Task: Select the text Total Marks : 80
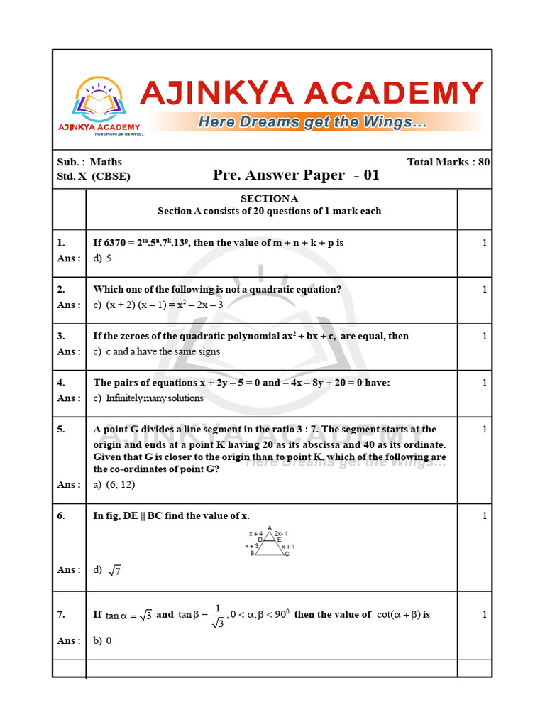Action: click(x=448, y=162)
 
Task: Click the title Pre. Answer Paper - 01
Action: click(x=296, y=175)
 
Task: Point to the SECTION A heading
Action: click(x=270, y=199)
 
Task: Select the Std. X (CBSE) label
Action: click(x=94, y=176)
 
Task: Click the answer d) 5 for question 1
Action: click(x=102, y=258)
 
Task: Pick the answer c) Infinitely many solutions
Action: click(x=148, y=398)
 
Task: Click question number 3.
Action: click(x=61, y=336)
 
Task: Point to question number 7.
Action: click(x=61, y=614)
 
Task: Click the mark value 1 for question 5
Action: click(x=485, y=430)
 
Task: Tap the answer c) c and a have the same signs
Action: click(x=156, y=351)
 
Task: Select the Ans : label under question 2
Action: click(x=69, y=305)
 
